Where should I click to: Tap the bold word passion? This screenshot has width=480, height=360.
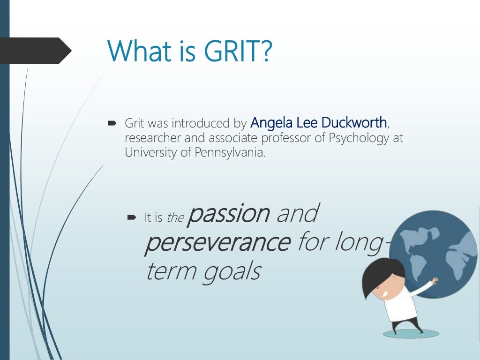[229, 214]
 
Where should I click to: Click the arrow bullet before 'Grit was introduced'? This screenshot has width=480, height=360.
[112, 124]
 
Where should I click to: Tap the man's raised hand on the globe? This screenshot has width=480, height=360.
[435, 280]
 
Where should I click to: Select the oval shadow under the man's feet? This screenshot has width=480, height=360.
[411, 334]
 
